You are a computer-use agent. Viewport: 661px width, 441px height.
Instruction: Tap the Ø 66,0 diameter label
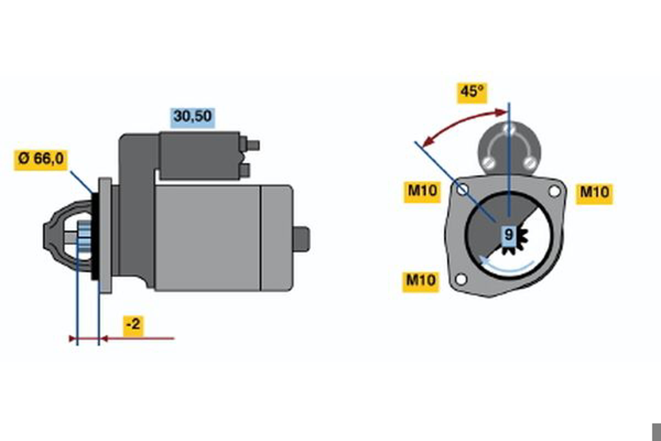point(41,160)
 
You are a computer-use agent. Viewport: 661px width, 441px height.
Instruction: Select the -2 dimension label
point(133,326)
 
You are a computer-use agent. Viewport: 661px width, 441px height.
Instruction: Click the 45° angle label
point(472,93)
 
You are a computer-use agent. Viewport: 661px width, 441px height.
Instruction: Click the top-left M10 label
point(422,192)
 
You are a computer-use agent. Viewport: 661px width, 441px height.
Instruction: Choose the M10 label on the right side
point(594,194)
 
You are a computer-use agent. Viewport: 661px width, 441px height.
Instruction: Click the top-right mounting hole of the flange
point(554,192)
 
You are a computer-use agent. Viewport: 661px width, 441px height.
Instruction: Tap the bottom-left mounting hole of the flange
point(461,279)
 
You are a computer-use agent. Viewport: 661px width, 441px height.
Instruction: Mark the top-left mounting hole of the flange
point(462,190)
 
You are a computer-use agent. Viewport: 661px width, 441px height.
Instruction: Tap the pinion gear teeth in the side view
point(84,236)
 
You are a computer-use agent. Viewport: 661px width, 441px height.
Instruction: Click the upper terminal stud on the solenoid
point(253,146)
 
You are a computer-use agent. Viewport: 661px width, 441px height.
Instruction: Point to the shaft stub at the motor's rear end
point(301,239)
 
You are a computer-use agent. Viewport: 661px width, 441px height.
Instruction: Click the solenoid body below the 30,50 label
point(199,155)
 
